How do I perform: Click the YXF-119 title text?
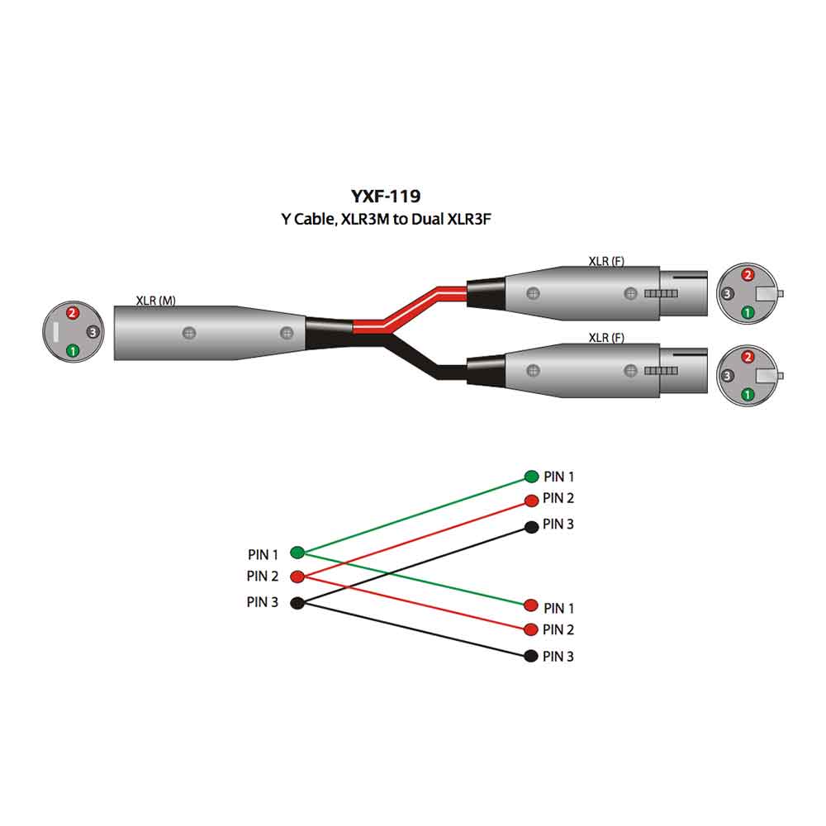[x=386, y=196]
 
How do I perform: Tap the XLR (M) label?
[x=155, y=301]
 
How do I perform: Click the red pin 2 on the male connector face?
[x=72, y=313]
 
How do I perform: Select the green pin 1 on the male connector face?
[x=73, y=350]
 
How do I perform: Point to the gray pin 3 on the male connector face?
[x=93, y=332]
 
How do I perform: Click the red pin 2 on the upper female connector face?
[x=748, y=274]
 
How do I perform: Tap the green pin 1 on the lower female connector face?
[x=747, y=394]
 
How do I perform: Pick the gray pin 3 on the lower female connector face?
[x=727, y=376]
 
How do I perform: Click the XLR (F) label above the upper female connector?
[x=605, y=261]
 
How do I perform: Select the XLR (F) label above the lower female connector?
[x=605, y=337]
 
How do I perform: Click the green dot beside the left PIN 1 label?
[x=297, y=553]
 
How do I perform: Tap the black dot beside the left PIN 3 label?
[x=297, y=603]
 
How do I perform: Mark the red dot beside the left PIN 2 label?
[x=297, y=577]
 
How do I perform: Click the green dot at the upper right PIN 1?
[x=531, y=477]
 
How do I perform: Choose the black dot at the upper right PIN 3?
[x=531, y=526]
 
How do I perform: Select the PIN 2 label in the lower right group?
[x=558, y=629]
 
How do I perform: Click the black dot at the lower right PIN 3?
[x=531, y=656]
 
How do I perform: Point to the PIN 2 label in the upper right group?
[x=558, y=498]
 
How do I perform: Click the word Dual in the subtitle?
[x=427, y=219]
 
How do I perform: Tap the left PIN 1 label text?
[x=263, y=555]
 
